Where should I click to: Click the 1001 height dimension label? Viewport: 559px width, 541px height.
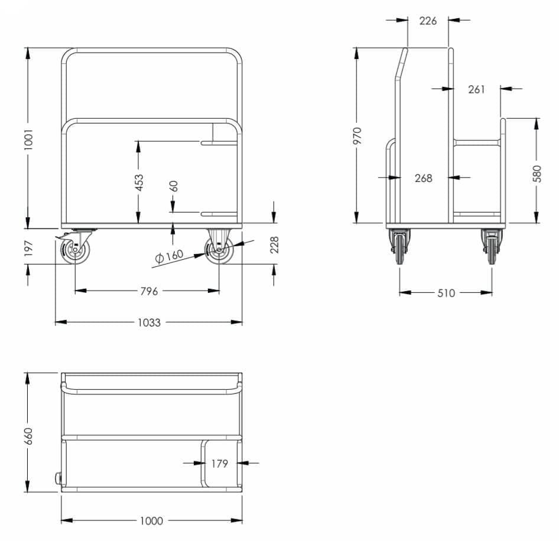pyautogui.click(x=28, y=139)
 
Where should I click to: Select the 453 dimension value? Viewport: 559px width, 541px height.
pyautogui.click(x=139, y=182)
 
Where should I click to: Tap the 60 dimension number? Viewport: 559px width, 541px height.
pyautogui.click(x=174, y=186)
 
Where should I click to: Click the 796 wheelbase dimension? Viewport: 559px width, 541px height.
pyautogui.click(x=149, y=291)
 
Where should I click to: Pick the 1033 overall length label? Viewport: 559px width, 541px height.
pyautogui.click(x=149, y=322)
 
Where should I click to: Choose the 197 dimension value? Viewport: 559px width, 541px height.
pyautogui.click(x=28, y=248)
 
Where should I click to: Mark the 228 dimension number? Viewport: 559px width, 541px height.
pyautogui.click(x=274, y=245)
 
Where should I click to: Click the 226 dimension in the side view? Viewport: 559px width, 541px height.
pyautogui.click(x=428, y=21)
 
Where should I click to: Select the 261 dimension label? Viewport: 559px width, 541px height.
pyautogui.click(x=477, y=89)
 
